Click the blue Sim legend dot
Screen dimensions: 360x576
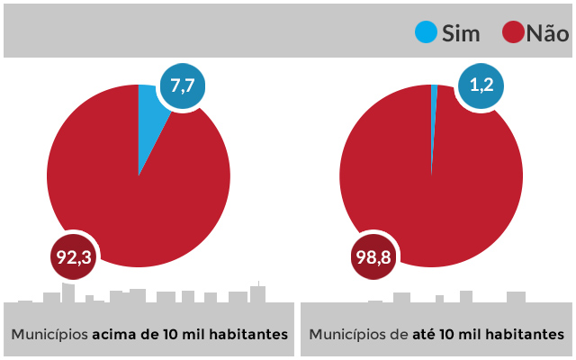click(x=426, y=32)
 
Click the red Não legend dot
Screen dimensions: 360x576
click(x=514, y=32)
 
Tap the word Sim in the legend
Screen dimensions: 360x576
click(x=461, y=33)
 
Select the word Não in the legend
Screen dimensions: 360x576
click(x=547, y=33)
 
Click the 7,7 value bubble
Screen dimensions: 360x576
click(x=183, y=86)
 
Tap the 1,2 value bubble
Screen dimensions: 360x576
click(x=480, y=86)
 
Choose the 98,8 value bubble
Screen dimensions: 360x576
click(x=373, y=258)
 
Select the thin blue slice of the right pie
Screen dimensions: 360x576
click(x=434, y=117)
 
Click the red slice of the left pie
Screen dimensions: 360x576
click(x=135, y=198)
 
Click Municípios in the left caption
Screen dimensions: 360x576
click(x=49, y=334)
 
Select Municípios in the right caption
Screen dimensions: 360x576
click(x=347, y=334)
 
